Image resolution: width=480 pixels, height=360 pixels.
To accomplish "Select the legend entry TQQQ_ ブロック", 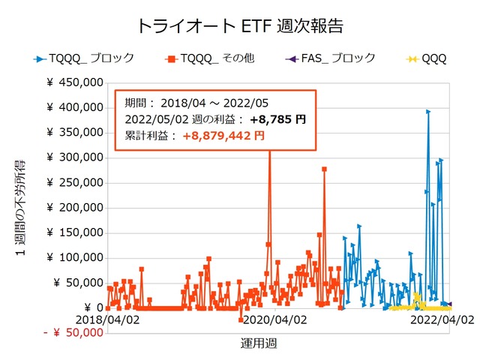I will (83, 58).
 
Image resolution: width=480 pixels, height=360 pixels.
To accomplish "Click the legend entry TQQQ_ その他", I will (209, 58).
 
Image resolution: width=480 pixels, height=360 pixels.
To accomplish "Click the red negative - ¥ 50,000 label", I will (72, 332).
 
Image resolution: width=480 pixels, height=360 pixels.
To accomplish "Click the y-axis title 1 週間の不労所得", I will (22, 208).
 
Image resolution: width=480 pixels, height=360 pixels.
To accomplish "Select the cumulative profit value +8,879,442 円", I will (223, 136).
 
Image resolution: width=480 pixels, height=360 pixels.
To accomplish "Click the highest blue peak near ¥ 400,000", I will (428, 112).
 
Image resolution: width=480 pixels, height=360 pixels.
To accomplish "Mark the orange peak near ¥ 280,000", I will (324, 169).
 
